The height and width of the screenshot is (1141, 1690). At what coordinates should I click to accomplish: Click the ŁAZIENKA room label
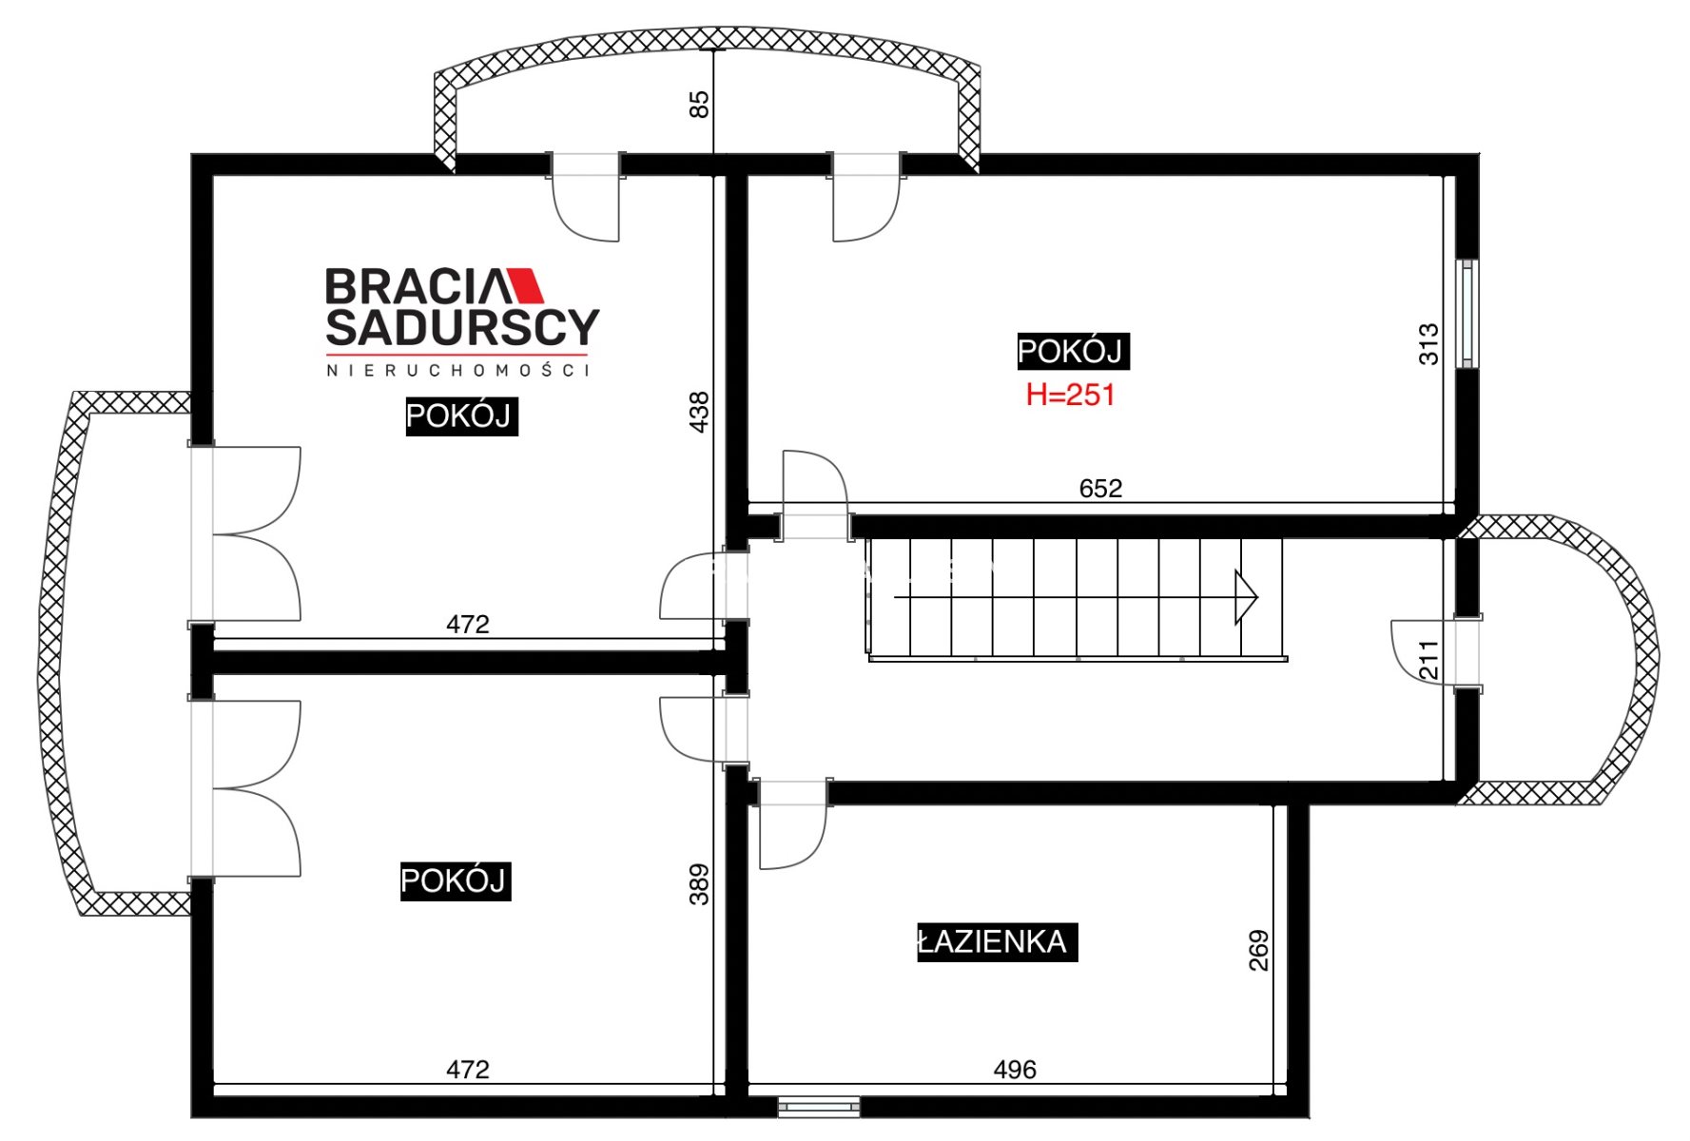pyautogui.click(x=997, y=941)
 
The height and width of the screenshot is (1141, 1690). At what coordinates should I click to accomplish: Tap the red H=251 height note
pyautogui.click(x=1070, y=395)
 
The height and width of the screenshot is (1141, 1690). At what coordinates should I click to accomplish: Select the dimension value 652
pyautogui.click(x=1100, y=488)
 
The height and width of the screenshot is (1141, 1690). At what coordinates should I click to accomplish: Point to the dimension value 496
pyautogui.click(x=1015, y=1070)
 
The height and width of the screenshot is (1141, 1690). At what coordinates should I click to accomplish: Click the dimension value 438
pyautogui.click(x=699, y=412)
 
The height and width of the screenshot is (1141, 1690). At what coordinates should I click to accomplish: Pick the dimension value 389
pyautogui.click(x=699, y=884)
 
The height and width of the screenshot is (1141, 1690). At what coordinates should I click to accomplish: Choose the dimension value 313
pyautogui.click(x=1428, y=344)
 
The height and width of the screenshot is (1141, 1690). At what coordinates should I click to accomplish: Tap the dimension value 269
pyautogui.click(x=1258, y=950)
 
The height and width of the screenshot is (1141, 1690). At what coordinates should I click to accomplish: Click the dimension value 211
pyautogui.click(x=1428, y=660)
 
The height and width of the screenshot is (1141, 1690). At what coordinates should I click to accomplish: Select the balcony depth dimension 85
pyautogui.click(x=699, y=104)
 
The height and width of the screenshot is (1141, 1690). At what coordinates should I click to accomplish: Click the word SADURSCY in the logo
pyautogui.click(x=462, y=327)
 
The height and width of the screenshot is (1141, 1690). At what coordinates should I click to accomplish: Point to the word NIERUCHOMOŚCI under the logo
pyautogui.click(x=458, y=370)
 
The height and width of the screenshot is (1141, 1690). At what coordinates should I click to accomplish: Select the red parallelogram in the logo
pyautogui.click(x=525, y=285)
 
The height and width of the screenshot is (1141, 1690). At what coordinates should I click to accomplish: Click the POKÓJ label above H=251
pyautogui.click(x=1073, y=351)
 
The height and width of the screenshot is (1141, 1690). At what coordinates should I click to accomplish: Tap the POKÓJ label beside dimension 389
pyautogui.click(x=456, y=880)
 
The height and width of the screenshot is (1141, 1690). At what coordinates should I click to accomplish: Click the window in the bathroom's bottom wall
pyautogui.click(x=819, y=1107)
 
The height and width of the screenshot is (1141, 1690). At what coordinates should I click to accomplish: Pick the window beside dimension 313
pyautogui.click(x=1468, y=314)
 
